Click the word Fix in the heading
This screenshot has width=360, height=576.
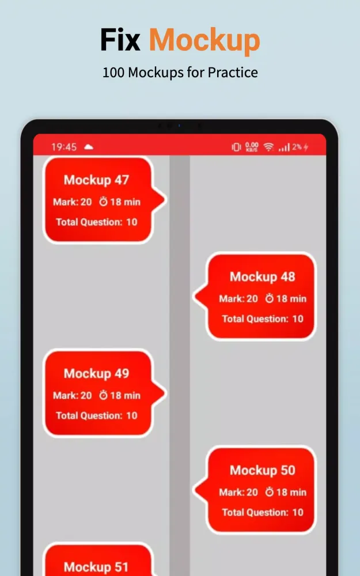point(120,40)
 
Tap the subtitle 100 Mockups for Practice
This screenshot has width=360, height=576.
point(180,73)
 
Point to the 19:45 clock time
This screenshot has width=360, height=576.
point(64,147)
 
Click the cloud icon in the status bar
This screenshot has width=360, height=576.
point(89,147)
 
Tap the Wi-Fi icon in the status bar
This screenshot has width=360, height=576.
point(269,147)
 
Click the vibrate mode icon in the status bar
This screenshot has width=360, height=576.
point(236,147)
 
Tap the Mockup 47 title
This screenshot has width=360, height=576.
point(96,180)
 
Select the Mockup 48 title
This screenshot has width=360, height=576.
point(262,276)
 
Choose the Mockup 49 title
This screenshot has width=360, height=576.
point(96,374)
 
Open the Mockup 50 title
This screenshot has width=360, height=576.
point(262,470)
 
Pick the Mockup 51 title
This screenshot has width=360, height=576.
point(96,567)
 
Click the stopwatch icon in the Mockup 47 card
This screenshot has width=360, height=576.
point(104,201)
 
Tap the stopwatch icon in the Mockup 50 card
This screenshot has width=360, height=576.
point(270,491)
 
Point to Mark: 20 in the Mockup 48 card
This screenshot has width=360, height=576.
point(238,298)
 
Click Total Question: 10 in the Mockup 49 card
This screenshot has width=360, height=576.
point(97,415)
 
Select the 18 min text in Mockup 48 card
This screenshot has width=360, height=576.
point(291,298)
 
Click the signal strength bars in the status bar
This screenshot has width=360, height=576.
point(285,147)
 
